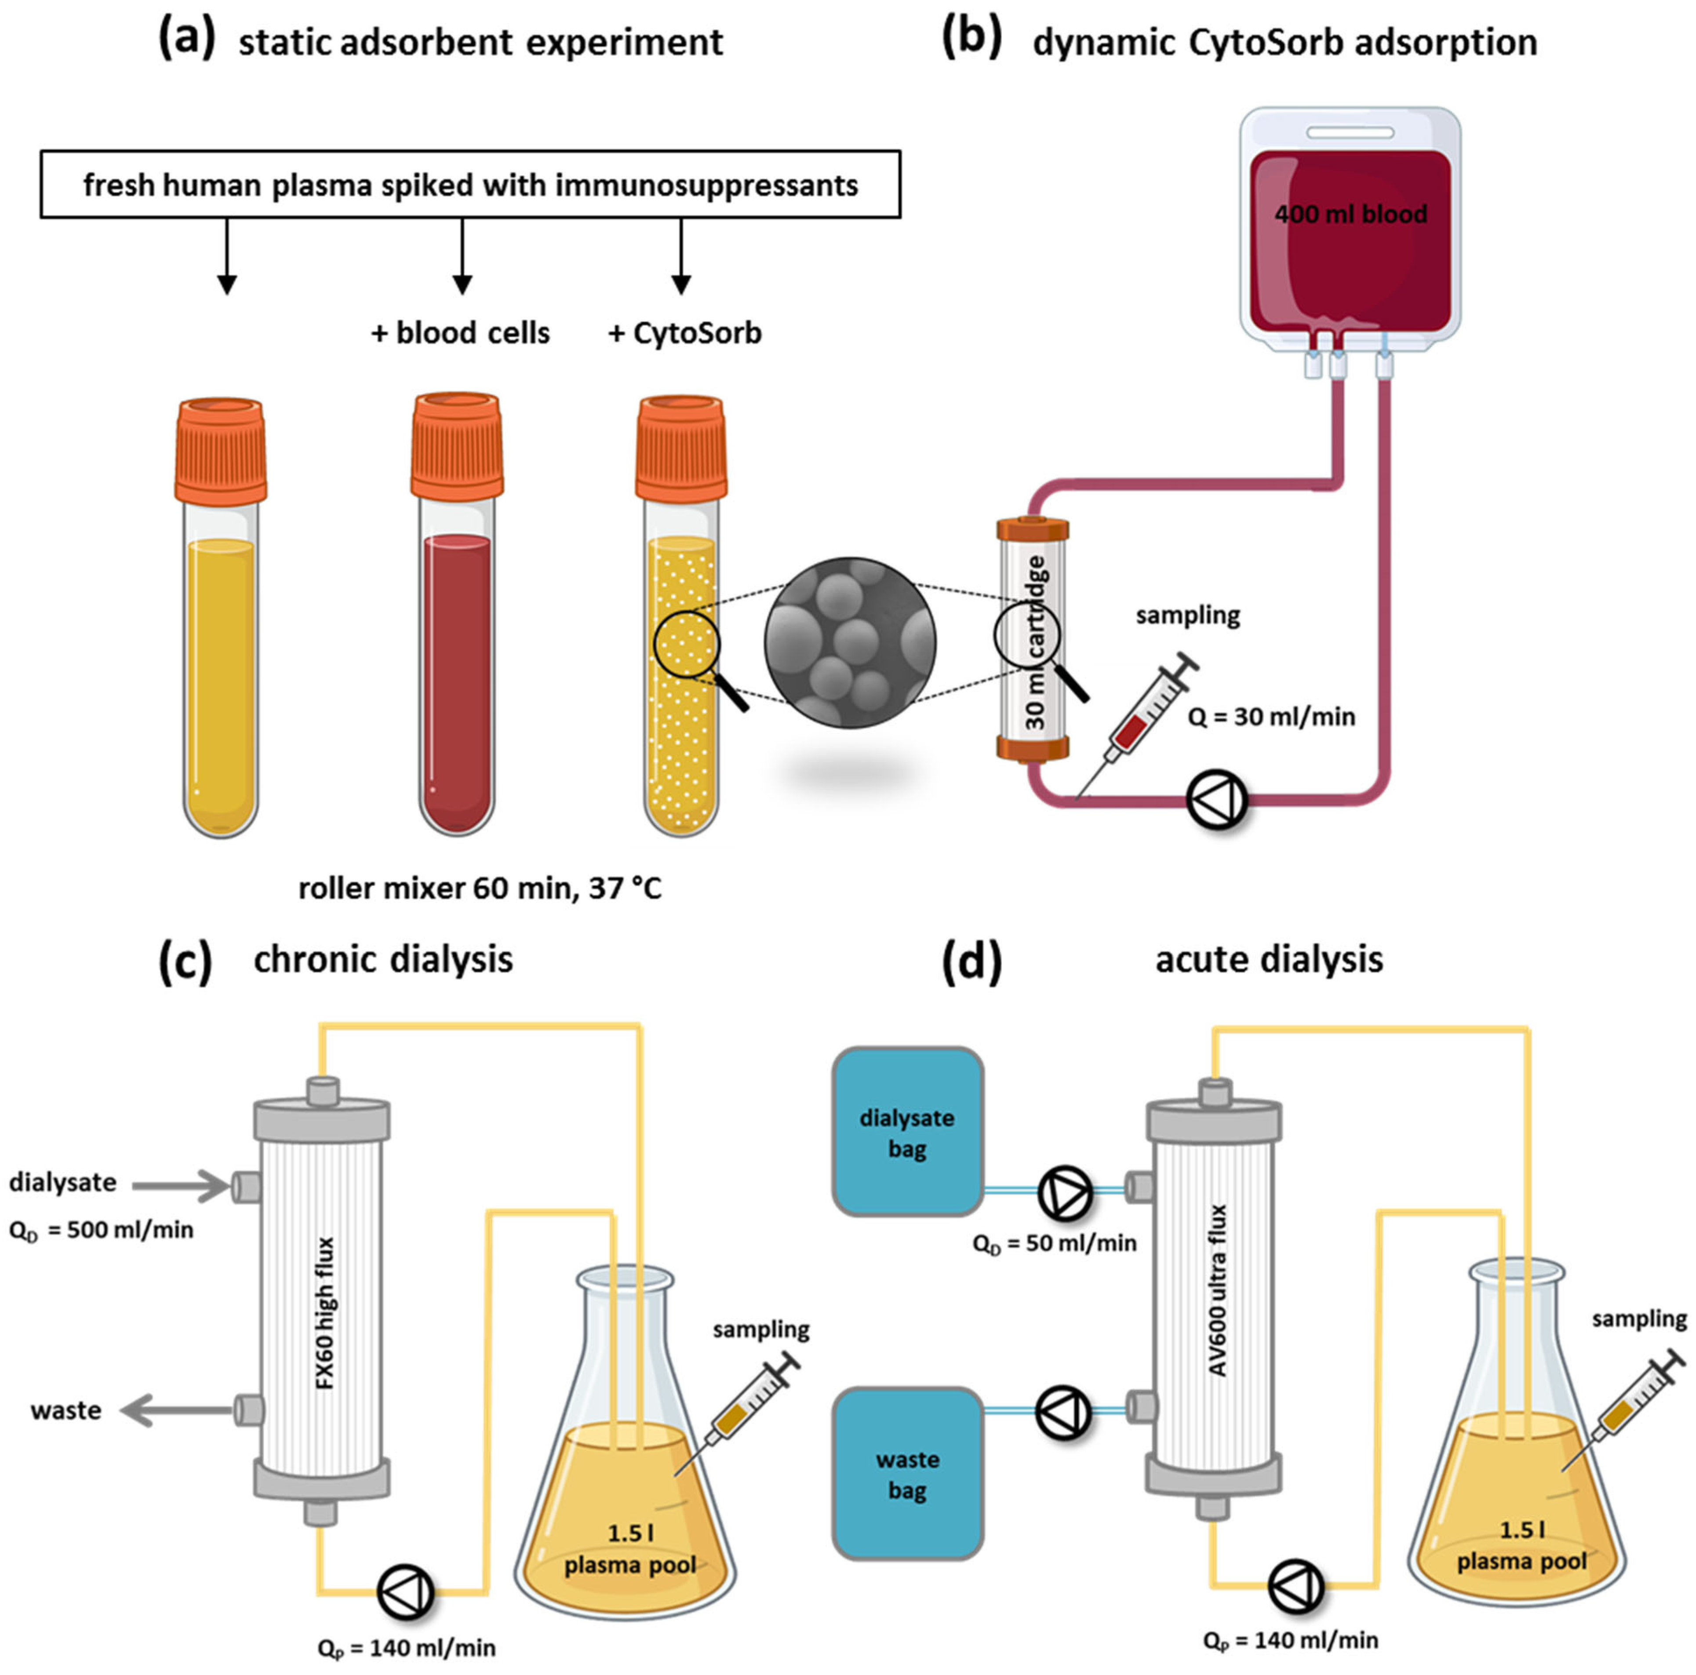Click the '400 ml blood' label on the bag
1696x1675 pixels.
pos(1350,214)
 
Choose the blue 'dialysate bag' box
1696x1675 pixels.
pos(907,1132)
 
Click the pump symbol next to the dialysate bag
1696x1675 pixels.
pos(1065,1191)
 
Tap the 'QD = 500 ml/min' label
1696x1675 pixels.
pos(101,1230)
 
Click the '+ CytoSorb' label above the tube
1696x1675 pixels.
pos(685,334)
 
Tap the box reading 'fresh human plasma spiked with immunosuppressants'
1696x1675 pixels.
pos(470,185)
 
